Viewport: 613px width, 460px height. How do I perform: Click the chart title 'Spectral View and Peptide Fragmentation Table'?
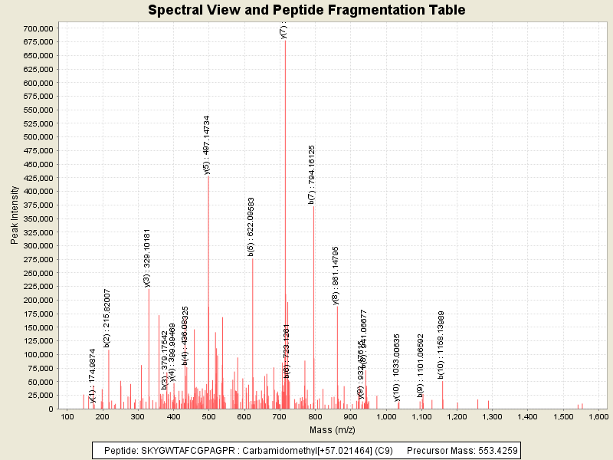(x=306, y=10)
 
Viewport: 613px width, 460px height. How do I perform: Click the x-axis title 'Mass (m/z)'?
(x=333, y=433)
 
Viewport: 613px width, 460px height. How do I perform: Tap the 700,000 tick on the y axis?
(x=37, y=28)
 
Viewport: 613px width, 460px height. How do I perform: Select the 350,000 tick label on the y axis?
(x=37, y=219)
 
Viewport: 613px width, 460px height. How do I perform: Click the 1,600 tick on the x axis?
(x=597, y=416)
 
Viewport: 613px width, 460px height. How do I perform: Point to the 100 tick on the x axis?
(x=67, y=416)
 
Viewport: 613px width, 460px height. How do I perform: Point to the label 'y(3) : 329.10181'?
(x=147, y=258)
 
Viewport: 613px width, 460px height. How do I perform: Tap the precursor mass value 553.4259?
(x=490, y=451)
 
